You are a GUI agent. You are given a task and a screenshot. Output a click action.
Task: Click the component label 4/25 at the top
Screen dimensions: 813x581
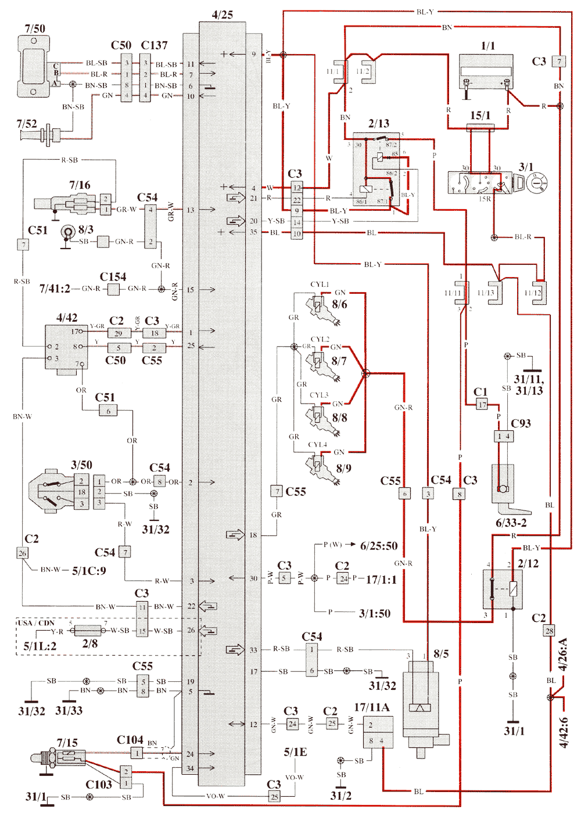223,15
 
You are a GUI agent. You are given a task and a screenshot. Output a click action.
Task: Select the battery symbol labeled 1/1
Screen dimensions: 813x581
486,71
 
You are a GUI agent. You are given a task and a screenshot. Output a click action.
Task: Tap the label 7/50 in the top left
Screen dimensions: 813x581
35,28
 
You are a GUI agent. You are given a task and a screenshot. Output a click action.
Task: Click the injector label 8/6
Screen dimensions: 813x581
340,304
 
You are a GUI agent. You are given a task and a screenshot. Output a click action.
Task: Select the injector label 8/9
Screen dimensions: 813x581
343,468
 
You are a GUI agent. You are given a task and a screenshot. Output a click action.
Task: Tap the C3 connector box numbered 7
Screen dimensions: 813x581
559,62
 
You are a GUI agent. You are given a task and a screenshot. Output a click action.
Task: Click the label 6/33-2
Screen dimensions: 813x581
511,523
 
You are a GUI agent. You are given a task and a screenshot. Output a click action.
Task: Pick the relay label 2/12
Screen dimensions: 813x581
528,563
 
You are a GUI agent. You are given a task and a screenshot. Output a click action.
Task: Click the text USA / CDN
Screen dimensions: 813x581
36,623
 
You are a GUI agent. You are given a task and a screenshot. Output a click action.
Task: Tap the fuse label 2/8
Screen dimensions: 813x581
90,643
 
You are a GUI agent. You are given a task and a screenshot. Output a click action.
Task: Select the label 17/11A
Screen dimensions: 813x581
372,707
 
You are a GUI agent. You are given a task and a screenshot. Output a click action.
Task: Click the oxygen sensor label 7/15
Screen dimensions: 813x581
67,743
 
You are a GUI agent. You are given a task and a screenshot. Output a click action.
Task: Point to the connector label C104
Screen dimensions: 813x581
130,739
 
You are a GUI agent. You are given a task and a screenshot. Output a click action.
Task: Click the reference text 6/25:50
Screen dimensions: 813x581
379,546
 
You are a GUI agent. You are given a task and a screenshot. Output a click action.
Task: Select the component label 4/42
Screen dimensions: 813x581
67,318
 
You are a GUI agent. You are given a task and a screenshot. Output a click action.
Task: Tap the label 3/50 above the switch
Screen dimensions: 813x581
81,465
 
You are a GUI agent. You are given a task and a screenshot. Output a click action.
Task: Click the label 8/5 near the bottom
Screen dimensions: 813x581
441,654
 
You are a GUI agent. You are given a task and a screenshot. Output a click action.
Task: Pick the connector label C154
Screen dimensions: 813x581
113,277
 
